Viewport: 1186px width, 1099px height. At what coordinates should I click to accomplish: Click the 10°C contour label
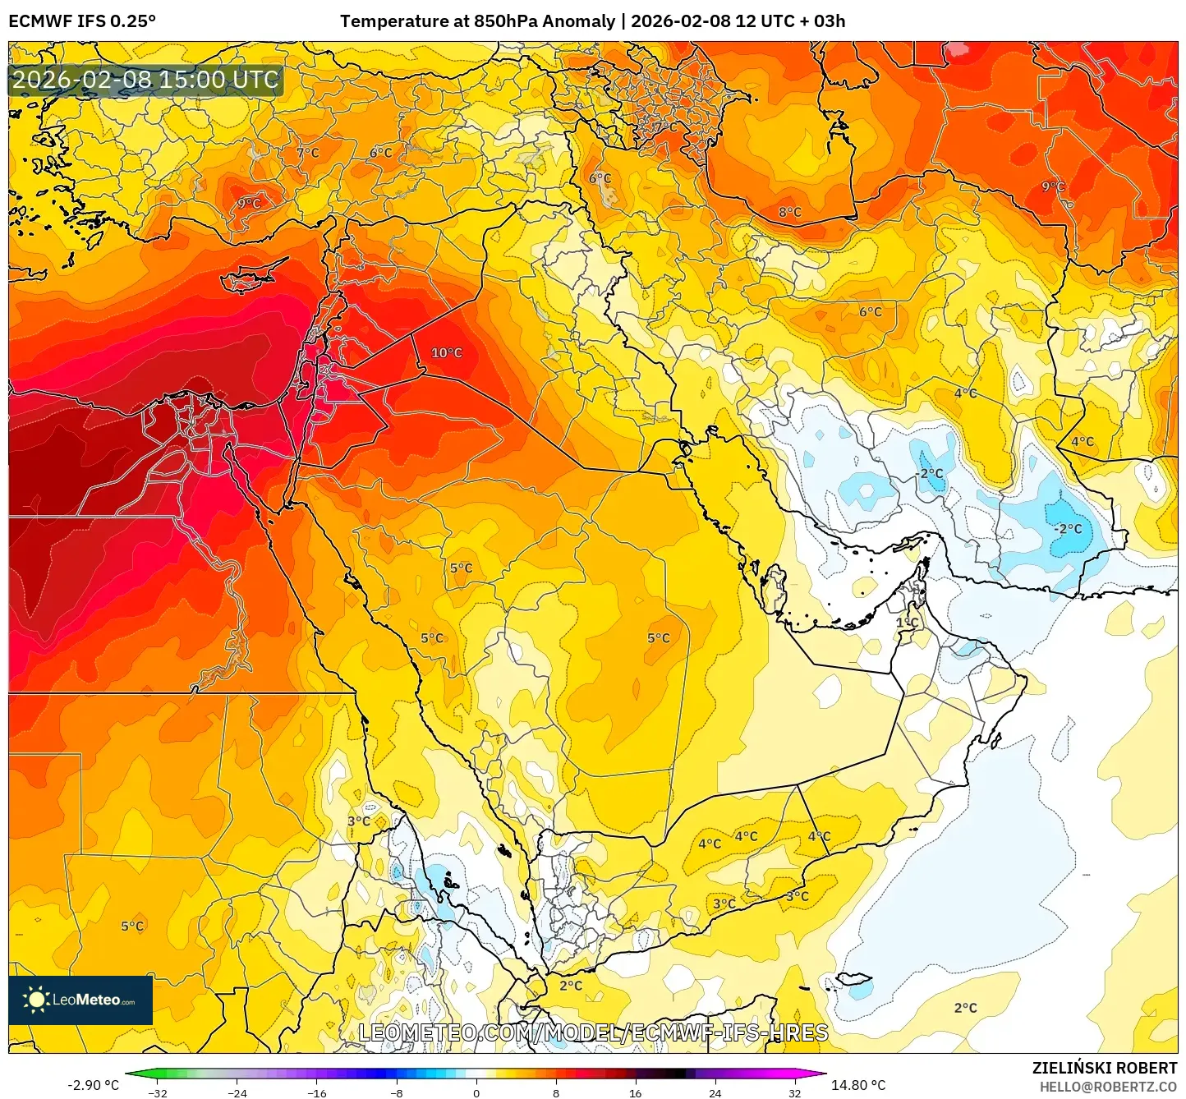click(x=447, y=353)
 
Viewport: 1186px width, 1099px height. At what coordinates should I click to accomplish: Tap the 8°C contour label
click(x=789, y=213)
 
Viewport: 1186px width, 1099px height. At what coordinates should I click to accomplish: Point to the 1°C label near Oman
click(x=907, y=623)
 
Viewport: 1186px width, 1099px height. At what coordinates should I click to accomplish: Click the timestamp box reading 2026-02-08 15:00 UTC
click(x=145, y=80)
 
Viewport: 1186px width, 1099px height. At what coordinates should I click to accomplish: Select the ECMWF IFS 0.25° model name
click(x=82, y=21)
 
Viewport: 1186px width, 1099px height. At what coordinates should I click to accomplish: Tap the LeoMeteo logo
click(x=80, y=1000)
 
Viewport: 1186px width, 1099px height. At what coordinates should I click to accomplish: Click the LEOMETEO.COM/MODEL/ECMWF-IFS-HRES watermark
click(x=593, y=1032)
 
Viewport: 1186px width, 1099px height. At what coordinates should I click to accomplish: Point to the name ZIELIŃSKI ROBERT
click(x=1104, y=1068)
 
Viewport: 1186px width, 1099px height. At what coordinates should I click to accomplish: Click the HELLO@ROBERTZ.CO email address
click(x=1108, y=1087)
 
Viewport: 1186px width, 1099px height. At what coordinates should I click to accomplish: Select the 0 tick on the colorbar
click(x=476, y=1092)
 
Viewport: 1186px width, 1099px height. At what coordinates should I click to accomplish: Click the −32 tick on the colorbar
click(x=158, y=1092)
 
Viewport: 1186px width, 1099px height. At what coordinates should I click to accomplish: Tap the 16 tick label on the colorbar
click(x=636, y=1092)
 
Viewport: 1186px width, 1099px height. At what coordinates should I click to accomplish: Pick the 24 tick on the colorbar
click(x=715, y=1092)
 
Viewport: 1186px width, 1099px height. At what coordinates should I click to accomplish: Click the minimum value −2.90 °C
click(x=93, y=1085)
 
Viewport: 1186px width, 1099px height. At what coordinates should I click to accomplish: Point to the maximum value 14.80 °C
click(x=858, y=1085)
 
